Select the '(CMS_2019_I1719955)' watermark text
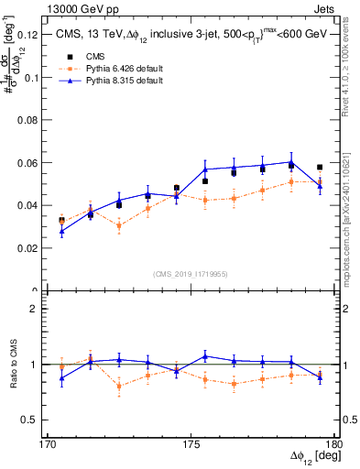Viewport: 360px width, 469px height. pos(191,273)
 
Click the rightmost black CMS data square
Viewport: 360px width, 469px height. pos(320,168)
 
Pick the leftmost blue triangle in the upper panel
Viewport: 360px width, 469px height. pos(61,232)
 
